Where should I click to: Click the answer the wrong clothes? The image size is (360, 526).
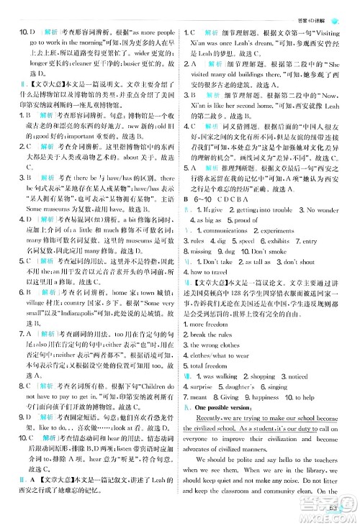(x=219, y=325)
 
